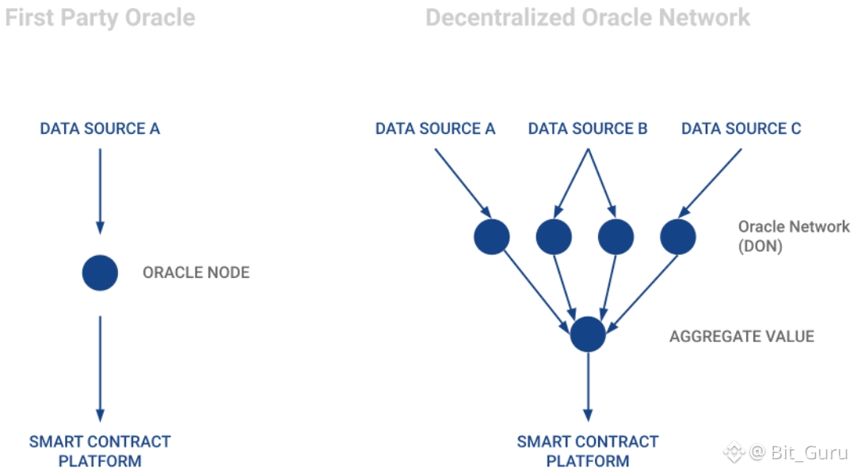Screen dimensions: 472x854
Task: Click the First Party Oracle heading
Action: pyautogui.click(x=100, y=17)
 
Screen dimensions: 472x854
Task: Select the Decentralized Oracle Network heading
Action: pyautogui.click(x=588, y=17)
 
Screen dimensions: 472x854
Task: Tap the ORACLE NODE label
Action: pyautogui.click(x=196, y=272)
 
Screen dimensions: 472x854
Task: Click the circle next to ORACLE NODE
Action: pyautogui.click(x=100, y=272)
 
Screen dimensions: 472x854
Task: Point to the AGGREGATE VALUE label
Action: pyautogui.click(x=742, y=337)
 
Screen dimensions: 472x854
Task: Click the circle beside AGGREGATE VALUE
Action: pyautogui.click(x=588, y=334)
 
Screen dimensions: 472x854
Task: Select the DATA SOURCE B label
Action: pyautogui.click(x=588, y=128)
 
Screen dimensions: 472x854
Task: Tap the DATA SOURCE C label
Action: pyautogui.click(x=742, y=128)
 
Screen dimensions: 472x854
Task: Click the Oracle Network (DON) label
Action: pyautogui.click(x=793, y=236)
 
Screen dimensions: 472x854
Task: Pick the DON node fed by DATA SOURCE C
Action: pyautogui.click(x=678, y=236)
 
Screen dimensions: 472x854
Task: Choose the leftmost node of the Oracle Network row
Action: pyautogui.click(x=492, y=236)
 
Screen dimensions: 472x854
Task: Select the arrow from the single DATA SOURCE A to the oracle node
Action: pyautogui.click(x=100, y=190)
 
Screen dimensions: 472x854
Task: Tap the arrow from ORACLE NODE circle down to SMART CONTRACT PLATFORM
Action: pyautogui.click(x=100, y=368)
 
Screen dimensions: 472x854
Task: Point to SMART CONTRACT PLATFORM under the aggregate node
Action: pyautogui.click(x=588, y=451)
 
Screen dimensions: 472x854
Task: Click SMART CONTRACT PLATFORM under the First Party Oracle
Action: pyautogui.click(x=100, y=451)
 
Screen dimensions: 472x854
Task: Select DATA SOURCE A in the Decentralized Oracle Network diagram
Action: pyautogui.click(x=435, y=128)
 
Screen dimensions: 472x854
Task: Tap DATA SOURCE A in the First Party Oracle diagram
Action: pyautogui.click(x=100, y=128)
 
